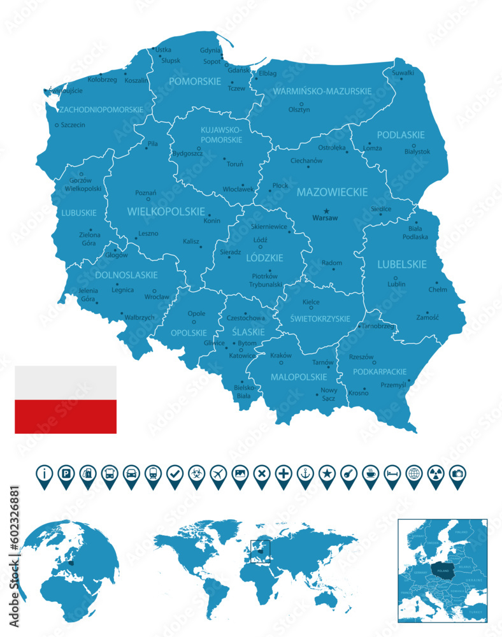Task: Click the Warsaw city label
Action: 325,218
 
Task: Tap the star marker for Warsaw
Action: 326,211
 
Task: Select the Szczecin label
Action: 73,125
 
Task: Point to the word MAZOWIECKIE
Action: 331,192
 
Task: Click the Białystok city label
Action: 417,152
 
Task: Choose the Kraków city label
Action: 281,355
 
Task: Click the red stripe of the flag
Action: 66,417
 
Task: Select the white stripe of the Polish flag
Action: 66,383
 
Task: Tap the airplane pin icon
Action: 218,475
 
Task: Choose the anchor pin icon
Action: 305,475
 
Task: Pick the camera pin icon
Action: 457,475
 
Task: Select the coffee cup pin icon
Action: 370,475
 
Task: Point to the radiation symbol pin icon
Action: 435,475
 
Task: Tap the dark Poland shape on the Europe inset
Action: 440,568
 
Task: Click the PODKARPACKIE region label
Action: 380,371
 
